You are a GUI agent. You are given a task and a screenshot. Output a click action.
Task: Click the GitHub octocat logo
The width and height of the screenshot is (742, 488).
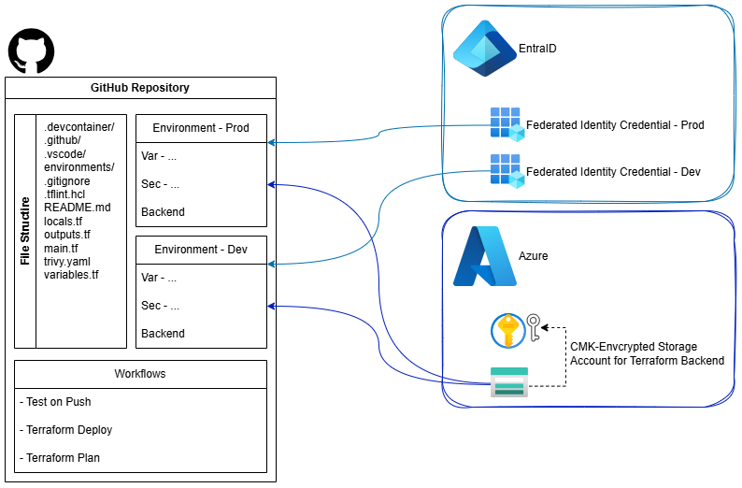pyautogui.click(x=31, y=50)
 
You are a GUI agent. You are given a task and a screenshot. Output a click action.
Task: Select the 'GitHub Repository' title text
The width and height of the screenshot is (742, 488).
pyautogui.click(x=140, y=88)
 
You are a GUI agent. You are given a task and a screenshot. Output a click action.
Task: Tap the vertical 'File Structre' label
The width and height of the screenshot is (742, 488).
pyautogui.click(x=25, y=230)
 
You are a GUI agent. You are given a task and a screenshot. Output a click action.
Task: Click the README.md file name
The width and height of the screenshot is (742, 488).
pyautogui.click(x=78, y=208)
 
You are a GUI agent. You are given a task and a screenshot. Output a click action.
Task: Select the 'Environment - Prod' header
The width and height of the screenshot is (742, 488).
pyautogui.click(x=201, y=128)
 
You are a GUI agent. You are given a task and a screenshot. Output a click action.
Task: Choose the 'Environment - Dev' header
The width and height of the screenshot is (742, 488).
pyautogui.click(x=201, y=250)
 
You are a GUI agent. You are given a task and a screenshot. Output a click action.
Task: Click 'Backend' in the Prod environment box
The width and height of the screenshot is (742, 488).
pyautogui.click(x=163, y=212)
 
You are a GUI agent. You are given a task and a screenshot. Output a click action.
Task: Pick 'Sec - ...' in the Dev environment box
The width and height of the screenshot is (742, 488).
pyautogui.click(x=160, y=306)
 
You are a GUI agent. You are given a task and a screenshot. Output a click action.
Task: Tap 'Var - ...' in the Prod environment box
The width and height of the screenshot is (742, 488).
pyautogui.click(x=159, y=156)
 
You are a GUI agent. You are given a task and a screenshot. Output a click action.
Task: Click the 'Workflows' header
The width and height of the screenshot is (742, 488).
pyautogui.click(x=140, y=374)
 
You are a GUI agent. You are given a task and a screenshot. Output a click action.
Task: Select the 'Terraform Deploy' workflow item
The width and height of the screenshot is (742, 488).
pyautogui.click(x=65, y=430)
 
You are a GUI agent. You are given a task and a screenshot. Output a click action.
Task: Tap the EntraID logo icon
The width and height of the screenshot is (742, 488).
pyautogui.click(x=485, y=49)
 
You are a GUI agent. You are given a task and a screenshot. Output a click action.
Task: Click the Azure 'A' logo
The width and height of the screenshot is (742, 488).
pyautogui.click(x=484, y=256)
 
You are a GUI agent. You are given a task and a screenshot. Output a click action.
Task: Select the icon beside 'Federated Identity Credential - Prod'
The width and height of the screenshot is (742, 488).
pyautogui.click(x=507, y=123)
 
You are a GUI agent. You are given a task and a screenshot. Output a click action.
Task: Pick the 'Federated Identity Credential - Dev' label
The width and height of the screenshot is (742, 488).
pyautogui.click(x=613, y=172)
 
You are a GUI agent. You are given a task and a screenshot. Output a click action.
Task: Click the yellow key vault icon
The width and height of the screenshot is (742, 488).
pyautogui.click(x=507, y=330)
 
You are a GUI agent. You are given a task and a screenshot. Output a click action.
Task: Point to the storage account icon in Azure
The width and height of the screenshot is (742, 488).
pyautogui.click(x=509, y=382)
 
